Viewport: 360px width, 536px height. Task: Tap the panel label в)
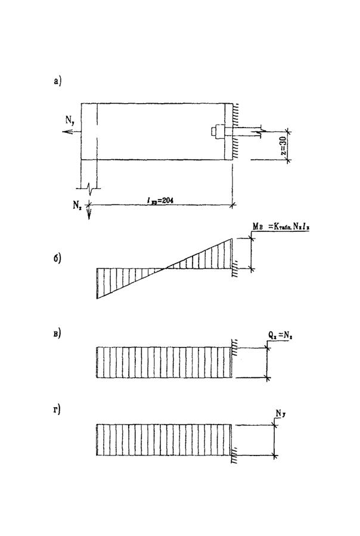pyautogui.click(x=57, y=332)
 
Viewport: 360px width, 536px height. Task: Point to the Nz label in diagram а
pyautogui.click(x=77, y=204)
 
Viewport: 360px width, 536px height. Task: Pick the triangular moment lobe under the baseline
pyautogui.click(x=116, y=279)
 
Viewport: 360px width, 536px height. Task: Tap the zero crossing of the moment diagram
pyautogui.click(x=164, y=268)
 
